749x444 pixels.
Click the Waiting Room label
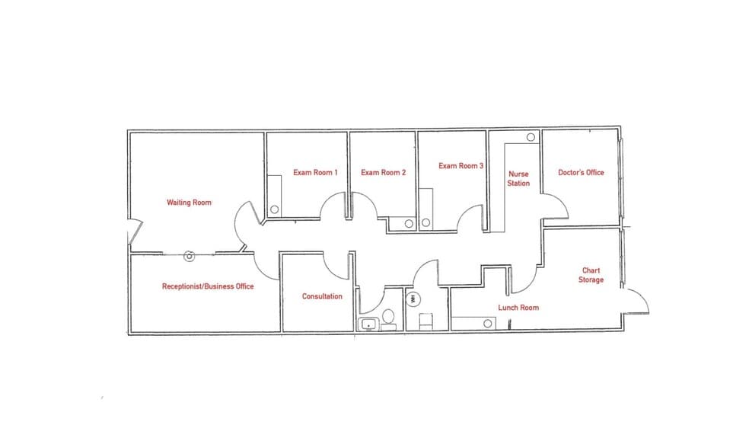189,203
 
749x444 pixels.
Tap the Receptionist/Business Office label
207,286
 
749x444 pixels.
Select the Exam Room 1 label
315,173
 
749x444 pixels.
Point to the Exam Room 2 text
383,173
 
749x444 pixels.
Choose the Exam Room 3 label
461,165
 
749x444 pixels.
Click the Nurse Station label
518,178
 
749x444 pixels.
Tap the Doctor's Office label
581,173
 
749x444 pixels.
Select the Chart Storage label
591,275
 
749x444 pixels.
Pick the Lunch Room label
518,308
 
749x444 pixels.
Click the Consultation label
322,296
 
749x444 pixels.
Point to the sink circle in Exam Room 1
275,209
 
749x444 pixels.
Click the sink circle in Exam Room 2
409,224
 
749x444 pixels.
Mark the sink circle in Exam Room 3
425,224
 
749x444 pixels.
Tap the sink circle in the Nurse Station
531,138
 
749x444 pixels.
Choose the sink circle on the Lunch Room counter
489,324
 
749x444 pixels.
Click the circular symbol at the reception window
190,257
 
